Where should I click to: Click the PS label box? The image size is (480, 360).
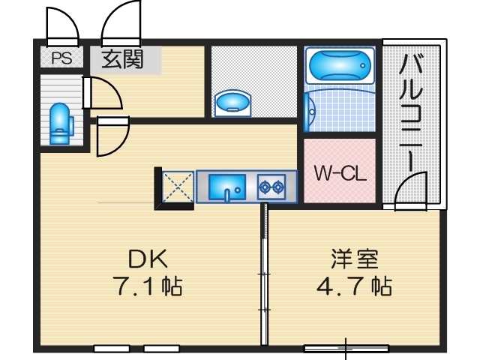[x=61, y=58]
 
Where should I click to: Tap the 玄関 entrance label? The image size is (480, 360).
[x=122, y=58]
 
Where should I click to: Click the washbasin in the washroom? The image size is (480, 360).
[x=232, y=103]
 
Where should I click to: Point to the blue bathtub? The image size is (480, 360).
[x=340, y=67]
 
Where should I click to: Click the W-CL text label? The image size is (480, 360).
[x=339, y=174]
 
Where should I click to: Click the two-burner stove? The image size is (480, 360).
[x=271, y=186]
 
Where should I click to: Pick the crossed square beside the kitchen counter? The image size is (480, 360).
[x=178, y=186]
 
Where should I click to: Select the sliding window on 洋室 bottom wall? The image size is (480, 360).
[x=346, y=348]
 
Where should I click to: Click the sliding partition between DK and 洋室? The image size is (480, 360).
[x=265, y=277]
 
